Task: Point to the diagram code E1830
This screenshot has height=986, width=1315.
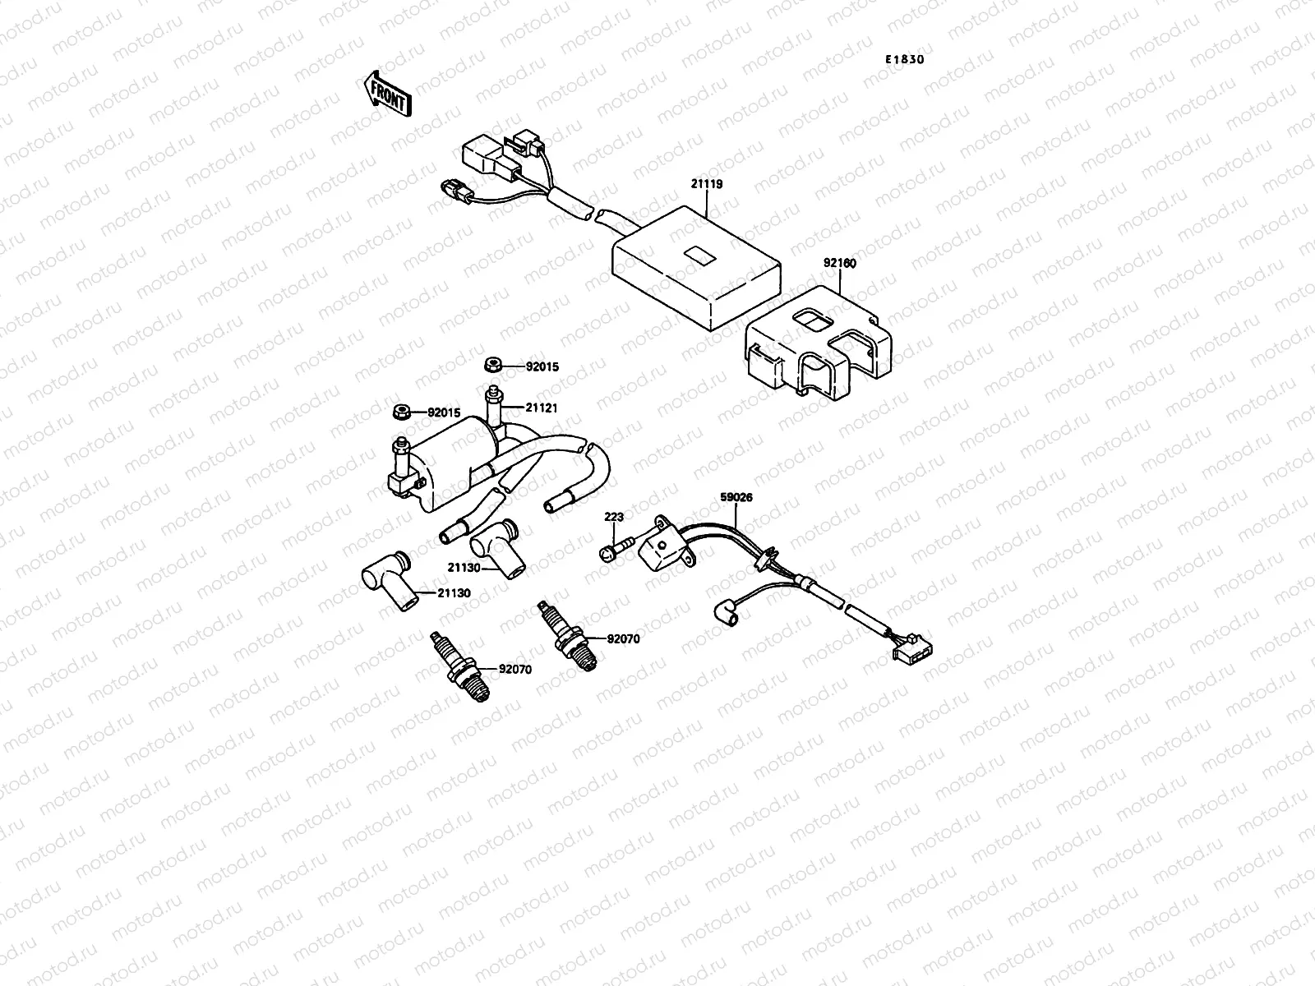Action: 910,59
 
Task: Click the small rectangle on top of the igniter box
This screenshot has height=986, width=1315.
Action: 699,256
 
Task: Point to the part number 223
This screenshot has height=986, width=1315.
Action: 614,517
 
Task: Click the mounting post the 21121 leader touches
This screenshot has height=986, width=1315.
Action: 495,407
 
